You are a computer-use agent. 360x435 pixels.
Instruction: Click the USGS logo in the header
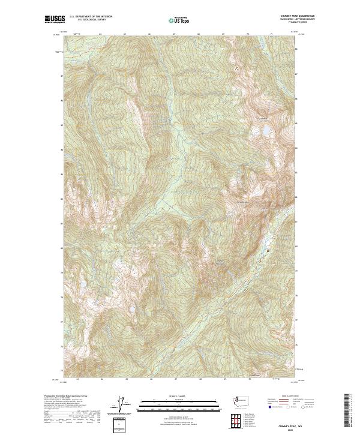click(55, 20)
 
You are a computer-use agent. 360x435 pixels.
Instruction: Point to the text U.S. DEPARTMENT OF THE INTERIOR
click(91, 17)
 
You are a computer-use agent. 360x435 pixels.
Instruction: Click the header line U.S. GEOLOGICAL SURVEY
click(91, 20)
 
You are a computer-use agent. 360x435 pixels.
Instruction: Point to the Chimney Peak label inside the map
click(242, 202)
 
